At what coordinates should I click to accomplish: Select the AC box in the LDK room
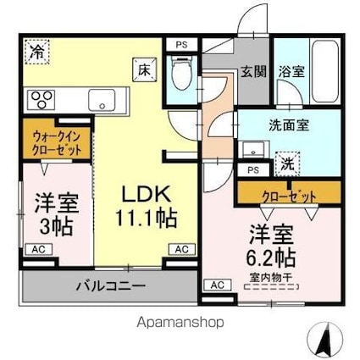click(180, 249)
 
